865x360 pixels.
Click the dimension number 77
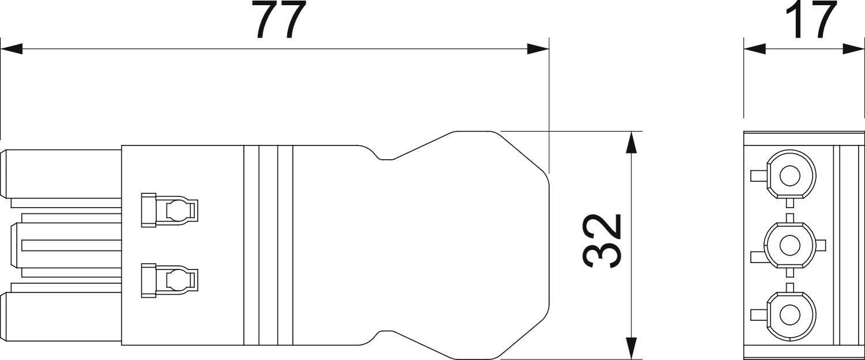[280, 21]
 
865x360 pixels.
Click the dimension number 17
[814, 20]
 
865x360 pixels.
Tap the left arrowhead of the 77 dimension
[12, 50]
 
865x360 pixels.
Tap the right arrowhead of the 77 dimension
[538, 50]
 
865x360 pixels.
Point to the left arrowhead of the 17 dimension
[754, 50]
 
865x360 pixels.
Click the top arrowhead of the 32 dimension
[633, 142]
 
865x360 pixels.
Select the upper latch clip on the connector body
[169, 209]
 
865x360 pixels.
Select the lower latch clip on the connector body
[169, 280]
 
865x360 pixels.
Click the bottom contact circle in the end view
[790, 315]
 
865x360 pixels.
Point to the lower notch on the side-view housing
[385, 335]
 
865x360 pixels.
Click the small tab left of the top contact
[758, 175]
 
